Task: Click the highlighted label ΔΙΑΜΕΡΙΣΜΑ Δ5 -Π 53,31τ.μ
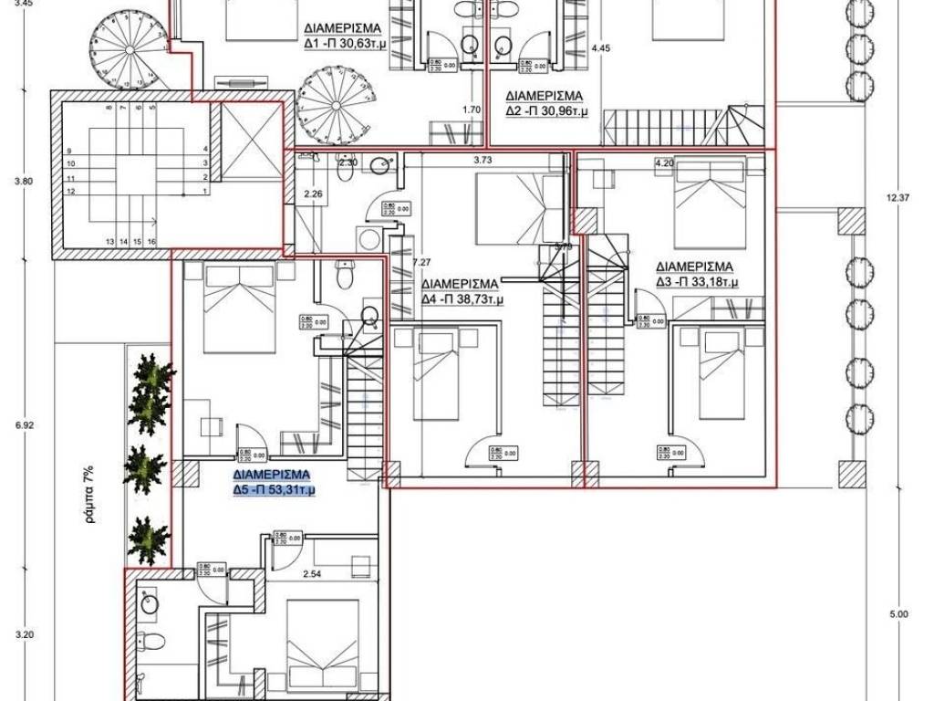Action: (274, 483)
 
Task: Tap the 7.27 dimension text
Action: (420, 262)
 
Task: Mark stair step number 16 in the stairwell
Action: (150, 241)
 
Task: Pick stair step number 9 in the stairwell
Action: (69, 152)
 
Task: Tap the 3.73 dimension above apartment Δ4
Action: (484, 161)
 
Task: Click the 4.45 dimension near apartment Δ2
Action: (600, 48)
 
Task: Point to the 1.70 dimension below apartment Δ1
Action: (472, 110)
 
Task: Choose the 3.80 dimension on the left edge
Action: (25, 181)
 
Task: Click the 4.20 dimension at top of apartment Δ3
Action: (664, 163)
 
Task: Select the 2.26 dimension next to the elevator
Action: (313, 193)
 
